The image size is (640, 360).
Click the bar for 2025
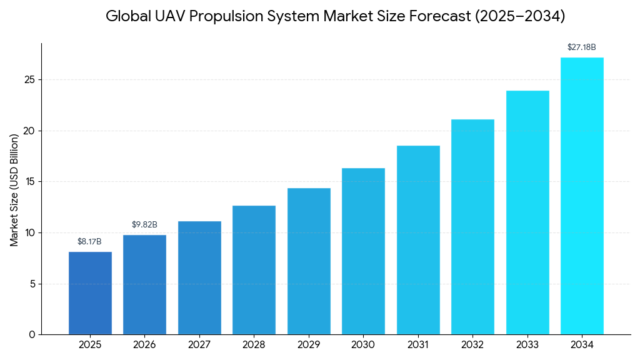(x=90, y=293)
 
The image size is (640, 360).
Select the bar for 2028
(x=254, y=270)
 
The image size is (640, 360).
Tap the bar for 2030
(x=363, y=251)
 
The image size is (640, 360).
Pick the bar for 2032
(x=472, y=227)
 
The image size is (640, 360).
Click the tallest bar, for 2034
(x=582, y=196)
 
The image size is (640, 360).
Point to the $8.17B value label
(x=89, y=242)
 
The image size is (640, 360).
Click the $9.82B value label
(x=144, y=225)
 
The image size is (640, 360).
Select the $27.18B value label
(x=581, y=47)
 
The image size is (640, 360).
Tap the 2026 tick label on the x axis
(x=144, y=345)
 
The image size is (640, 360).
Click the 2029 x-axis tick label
(x=308, y=345)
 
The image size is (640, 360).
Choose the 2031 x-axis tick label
(x=417, y=345)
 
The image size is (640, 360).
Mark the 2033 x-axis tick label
(x=527, y=345)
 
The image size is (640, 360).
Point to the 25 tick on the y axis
(x=29, y=80)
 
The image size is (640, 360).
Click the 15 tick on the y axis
(x=29, y=182)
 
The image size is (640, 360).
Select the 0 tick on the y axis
(x=32, y=335)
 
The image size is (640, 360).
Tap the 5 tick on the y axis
(x=32, y=284)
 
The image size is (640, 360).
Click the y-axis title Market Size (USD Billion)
(x=14, y=190)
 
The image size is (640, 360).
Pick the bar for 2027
(x=199, y=278)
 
